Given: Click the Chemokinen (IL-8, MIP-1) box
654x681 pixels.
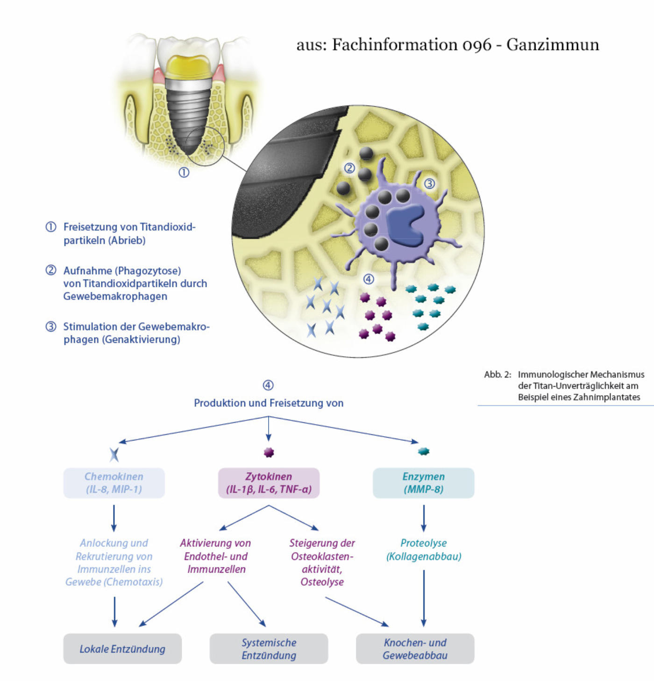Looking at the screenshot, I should pos(114,483).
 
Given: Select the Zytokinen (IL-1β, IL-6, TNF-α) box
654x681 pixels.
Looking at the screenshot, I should pos(269,483).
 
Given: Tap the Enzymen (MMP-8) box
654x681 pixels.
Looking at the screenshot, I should pos(423,483).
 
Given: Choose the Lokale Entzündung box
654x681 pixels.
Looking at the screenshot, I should pos(122,649).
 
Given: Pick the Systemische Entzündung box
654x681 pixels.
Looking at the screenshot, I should pos(269,649).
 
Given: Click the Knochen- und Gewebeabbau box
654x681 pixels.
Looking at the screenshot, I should pos(415,649).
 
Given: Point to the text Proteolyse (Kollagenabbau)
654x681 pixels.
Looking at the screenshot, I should pos(424,550).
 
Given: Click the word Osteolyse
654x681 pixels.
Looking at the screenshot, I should pos(322,582).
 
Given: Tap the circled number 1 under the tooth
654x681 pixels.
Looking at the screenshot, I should pos(184,172).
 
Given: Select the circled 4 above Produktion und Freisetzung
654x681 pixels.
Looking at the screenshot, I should pos(268,385).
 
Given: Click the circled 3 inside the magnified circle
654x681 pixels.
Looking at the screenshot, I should pos(429,184).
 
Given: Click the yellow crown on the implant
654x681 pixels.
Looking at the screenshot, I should pos(189,66).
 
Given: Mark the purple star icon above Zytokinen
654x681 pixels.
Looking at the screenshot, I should pos(269,452).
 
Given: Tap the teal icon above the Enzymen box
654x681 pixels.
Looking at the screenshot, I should pos(423,451).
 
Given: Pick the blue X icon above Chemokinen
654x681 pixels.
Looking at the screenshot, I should pos(114,454).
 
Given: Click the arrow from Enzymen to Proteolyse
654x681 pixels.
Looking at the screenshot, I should pos(424,518).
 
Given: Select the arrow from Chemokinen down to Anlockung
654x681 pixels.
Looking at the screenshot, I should pos(114,518).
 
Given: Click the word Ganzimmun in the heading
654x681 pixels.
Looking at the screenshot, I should pos(552,44).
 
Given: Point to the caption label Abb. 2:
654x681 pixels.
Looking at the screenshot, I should pos(498,375).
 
